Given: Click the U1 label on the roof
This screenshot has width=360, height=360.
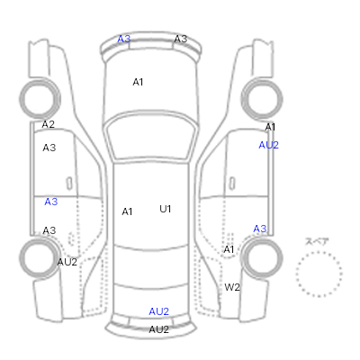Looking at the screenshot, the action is [x=166, y=209].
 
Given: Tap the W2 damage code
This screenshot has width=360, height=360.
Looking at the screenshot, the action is [x=232, y=287].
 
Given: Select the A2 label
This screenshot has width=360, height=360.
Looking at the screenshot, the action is [x=48, y=124].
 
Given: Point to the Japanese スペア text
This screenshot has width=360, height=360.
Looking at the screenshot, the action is [x=317, y=242].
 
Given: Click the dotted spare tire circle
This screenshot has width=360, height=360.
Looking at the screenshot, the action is [x=296, y=274].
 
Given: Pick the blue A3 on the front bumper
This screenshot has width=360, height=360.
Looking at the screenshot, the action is [x=124, y=39].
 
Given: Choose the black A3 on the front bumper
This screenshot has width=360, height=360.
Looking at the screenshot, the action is [x=181, y=39].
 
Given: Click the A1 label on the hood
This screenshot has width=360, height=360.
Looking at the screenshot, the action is [x=138, y=82].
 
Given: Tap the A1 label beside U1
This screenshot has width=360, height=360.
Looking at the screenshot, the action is [x=127, y=211].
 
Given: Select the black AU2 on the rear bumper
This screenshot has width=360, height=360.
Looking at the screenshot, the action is [x=158, y=329].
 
